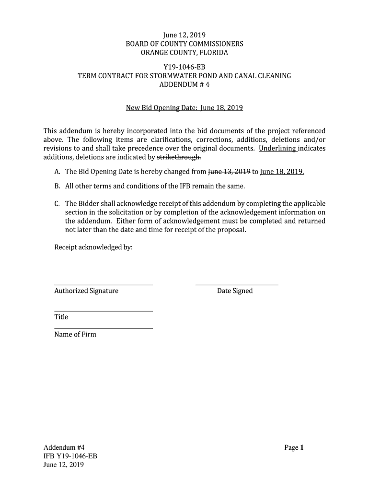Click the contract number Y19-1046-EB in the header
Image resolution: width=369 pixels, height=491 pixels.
184,67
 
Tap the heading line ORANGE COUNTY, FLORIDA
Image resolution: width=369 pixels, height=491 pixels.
184,52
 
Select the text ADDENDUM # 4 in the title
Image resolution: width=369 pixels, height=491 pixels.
184,85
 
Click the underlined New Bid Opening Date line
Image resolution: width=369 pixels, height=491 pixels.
184,108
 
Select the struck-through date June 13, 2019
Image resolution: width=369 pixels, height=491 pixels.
230,172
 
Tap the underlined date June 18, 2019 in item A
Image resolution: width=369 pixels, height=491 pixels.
282,172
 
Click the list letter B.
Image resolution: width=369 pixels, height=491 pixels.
57,186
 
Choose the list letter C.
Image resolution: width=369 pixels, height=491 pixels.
57,204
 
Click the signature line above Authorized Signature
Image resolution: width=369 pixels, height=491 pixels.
104,285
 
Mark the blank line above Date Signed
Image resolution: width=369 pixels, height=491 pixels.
237,285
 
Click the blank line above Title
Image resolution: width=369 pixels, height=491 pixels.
104,311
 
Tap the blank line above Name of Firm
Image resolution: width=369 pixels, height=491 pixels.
104,328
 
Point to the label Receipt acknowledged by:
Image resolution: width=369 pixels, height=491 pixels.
93,247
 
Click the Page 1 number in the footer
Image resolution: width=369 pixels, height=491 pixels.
294,448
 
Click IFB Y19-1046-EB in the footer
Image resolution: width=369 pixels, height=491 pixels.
70,456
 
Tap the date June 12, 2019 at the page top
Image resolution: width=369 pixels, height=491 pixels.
184,35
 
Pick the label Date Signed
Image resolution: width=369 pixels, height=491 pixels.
235,291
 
